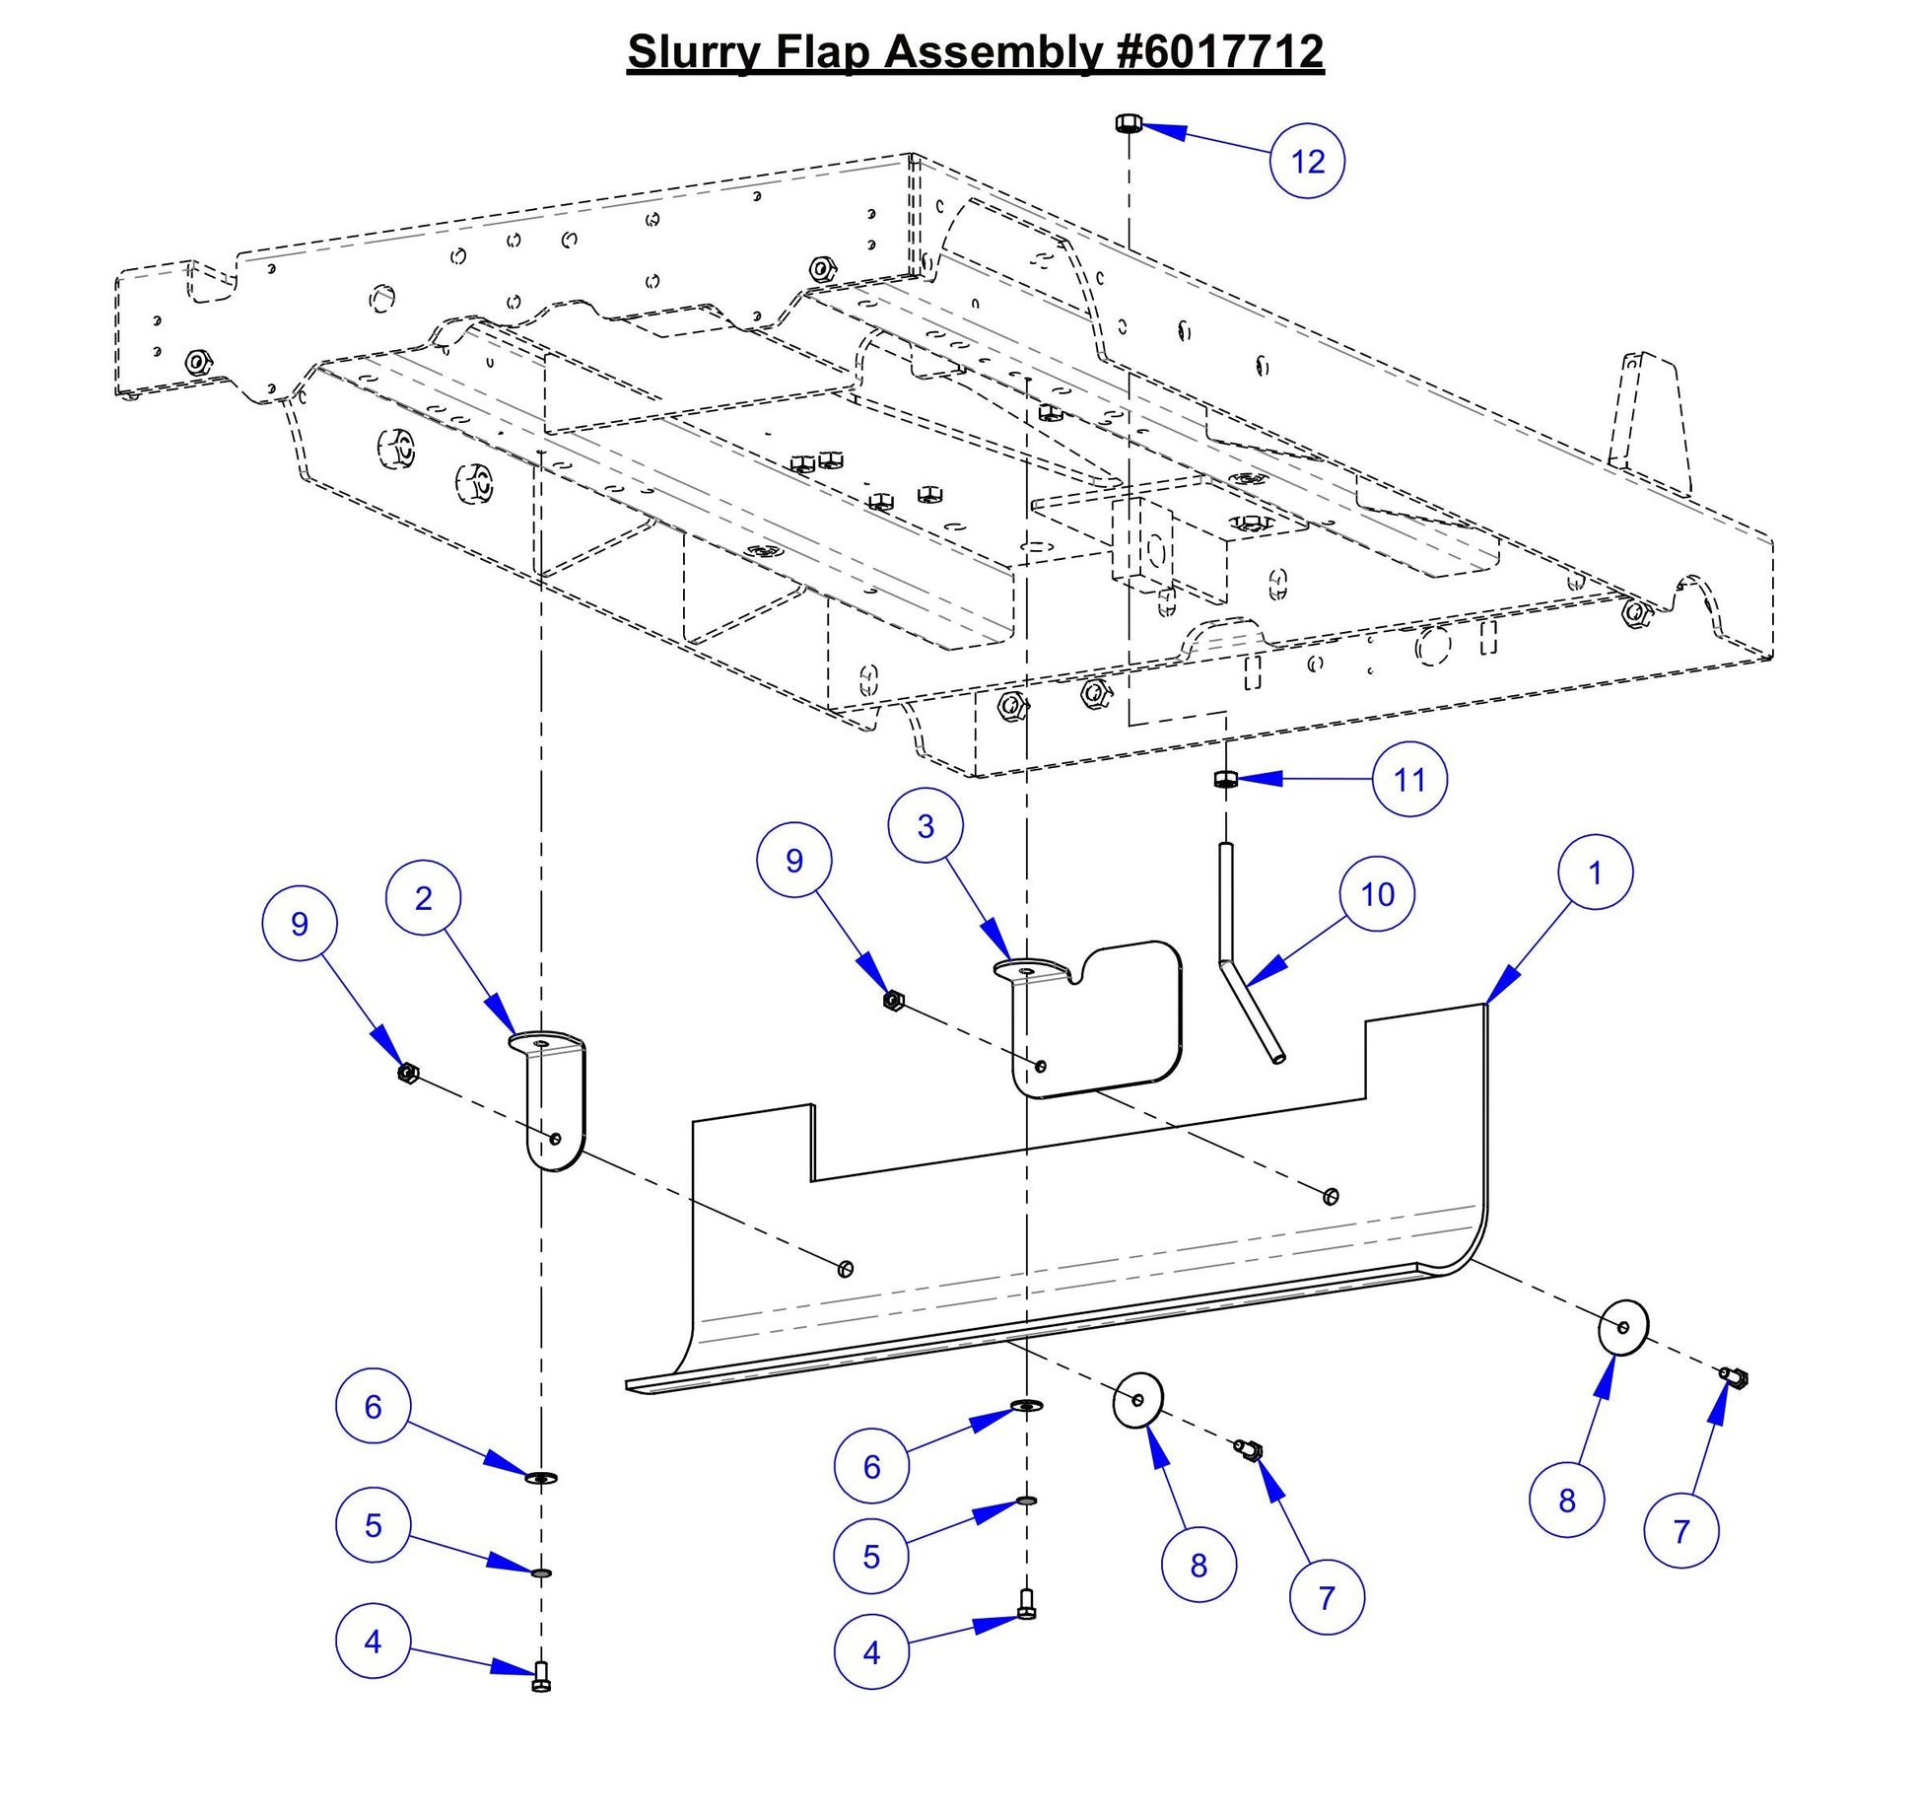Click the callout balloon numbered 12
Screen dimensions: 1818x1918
pyautogui.click(x=1307, y=161)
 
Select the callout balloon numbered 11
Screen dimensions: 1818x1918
pyautogui.click(x=1409, y=780)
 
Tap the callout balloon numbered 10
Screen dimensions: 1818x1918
pyautogui.click(x=1377, y=894)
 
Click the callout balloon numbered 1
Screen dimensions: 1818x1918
pyautogui.click(x=1595, y=873)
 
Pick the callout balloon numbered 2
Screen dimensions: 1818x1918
pyautogui.click(x=424, y=898)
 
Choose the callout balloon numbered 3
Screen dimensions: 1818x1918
pyautogui.click(x=925, y=826)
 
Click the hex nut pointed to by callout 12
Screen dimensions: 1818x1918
pyautogui.click(x=1129, y=123)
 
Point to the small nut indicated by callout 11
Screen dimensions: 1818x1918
pyautogui.click(x=1225, y=780)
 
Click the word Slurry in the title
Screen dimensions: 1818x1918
pyautogui.click(x=694, y=51)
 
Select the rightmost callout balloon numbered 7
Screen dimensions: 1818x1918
pyautogui.click(x=1681, y=1530)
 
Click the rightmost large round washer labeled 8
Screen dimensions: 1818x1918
pyautogui.click(x=1622, y=1327)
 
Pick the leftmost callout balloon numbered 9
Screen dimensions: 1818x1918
pyautogui.click(x=300, y=924)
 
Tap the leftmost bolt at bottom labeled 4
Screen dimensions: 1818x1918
pyautogui.click(x=540, y=1676)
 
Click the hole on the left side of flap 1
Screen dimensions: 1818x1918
pyautogui.click(x=845, y=1268)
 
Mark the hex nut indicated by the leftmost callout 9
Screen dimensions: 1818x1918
pyautogui.click(x=407, y=1073)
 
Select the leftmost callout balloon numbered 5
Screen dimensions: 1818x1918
pyautogui.click(x=373, y=1525)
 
